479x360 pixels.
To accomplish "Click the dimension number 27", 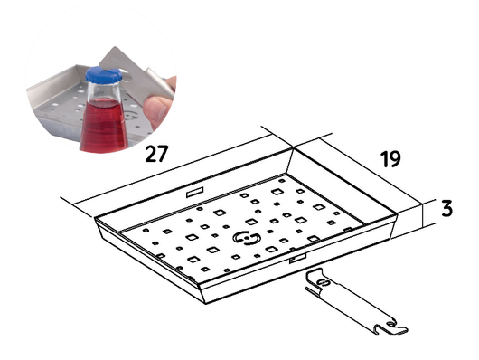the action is pos(156,154).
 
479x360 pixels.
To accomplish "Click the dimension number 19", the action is pos(390,158).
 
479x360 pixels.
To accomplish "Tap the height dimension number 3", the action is pos(446,209).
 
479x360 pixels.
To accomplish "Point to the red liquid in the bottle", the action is pos(104,126).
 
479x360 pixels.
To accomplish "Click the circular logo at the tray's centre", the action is pos(247,238).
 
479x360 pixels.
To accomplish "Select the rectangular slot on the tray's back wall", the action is pos(194,193).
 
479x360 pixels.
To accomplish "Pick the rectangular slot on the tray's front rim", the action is pos(298,258).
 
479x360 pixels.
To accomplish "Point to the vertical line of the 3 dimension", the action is pos(423,215).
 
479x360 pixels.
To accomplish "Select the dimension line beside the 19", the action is pos(371,171).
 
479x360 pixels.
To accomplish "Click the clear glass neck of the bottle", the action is pos(102,91).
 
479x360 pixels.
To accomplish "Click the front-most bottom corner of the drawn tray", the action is pos(205,304).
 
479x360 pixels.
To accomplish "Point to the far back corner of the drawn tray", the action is pos(293,147).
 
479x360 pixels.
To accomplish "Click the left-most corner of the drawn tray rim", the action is pos(94,218).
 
